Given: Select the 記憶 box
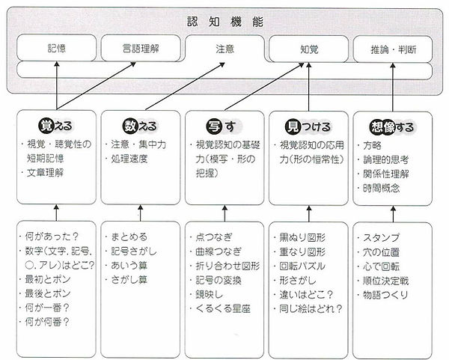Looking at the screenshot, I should point(56,50).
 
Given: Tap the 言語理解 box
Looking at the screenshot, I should point(141,50).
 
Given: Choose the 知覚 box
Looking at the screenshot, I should point(308,50).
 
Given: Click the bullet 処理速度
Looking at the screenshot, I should point(129,159).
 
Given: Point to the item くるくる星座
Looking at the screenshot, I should point(222,307).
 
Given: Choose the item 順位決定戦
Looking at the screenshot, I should point(385,280).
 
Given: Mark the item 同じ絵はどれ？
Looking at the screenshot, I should point(311,307).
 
